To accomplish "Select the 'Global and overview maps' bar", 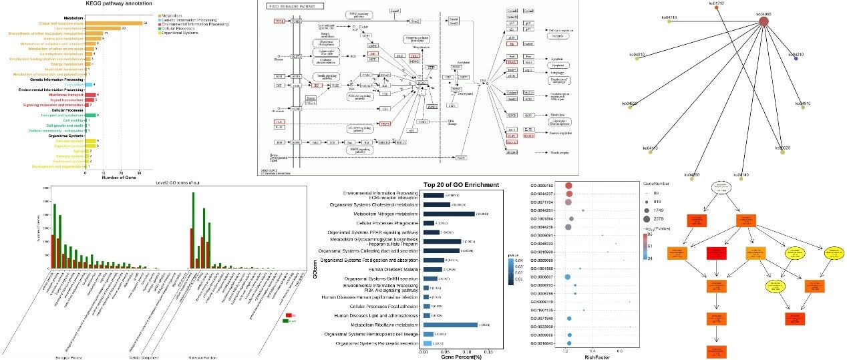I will [x=114, y=23].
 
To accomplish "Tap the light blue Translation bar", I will [x=88, y=85].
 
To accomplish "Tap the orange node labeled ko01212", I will [x=717, y=8].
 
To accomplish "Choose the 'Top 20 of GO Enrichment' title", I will [x=461, y=185].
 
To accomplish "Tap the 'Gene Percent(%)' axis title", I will [x=461, y=357].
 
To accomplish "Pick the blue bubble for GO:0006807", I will [x=567, y=277].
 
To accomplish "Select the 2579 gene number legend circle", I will [x=647, y=219].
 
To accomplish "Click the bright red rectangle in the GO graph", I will [x=719, y=253].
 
